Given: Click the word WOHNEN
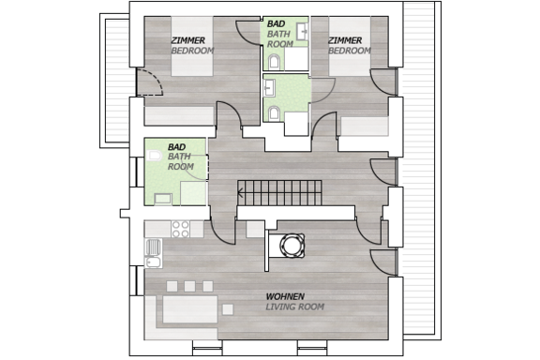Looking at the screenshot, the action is [x=285, y=296].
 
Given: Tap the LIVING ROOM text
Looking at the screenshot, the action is [x=294, y=307].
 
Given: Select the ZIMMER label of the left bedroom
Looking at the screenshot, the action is [x=188, y=40].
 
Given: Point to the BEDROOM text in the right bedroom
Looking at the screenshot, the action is [x=350, y=51].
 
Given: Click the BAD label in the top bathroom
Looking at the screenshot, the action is [x=277, y=23].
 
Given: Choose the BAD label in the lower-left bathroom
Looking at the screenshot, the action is [x=176, y=147].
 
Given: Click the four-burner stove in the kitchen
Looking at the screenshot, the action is [x=181, y=229].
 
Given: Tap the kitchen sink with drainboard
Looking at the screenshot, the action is [x=153, y=253].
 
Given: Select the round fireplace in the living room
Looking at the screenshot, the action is [x=292, y=246].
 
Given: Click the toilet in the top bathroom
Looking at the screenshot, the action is [x=274, y=62].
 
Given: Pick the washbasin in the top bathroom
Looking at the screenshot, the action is [x=304, y=31].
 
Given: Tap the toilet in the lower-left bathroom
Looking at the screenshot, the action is [x=155, y=156].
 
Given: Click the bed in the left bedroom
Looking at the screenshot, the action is [x=192, y=46].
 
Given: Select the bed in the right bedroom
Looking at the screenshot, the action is [x=350, y=46].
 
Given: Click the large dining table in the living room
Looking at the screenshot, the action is [x=190, y=309].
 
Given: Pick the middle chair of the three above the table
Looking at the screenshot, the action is [x=189, y=286].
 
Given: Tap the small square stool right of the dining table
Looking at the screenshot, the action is [x=228, y=309].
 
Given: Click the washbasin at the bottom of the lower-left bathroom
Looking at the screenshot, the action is [x=163, y=199].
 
